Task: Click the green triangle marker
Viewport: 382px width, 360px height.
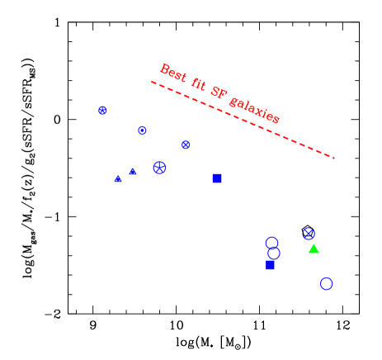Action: pyautogui.click(x=314, y=249)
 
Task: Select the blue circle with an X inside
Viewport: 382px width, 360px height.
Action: pyautogui.click(x=309, y=234)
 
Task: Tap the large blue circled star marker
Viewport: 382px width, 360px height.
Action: pyautogui.click(x=159, y=168)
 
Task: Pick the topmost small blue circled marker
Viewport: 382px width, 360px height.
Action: pyautogui.click(x=102, y=110)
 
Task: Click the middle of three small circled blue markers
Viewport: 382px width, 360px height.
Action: pyautogui.click(x=142, y=130)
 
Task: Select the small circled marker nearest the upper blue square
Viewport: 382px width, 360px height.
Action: pyautogui.click(x=186, y=144)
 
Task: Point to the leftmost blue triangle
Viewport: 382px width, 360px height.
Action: pyautogui.click(x=118, y=178)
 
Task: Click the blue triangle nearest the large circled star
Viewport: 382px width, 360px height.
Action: pyautogui.click(x=133, y=171)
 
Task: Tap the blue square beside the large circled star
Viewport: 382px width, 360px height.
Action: pyautogui.click(x=217, y=178)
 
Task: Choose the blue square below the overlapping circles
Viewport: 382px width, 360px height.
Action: pyautogui.click(x=270, y=265)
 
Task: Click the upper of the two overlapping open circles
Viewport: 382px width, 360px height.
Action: pyautogui.click(x=271, y=243)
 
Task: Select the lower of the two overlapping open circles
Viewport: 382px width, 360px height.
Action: pyautogui.click(x=274, y=253)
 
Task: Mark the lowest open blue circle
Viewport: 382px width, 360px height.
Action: pyautogui.click(x=327, y=283)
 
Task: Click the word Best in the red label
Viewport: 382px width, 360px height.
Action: pyautogui.click(x=173, y=72)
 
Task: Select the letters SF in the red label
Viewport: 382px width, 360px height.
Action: pyautogui.click(x=218, y=93)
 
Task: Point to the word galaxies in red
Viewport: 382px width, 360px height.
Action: pyautogui.click(x=255, y=110)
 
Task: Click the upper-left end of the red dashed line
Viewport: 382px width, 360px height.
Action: pyautogui.click(x=152, y=81)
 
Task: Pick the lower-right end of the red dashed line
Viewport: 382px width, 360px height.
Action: pyautogui.click(x=334, y=157)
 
